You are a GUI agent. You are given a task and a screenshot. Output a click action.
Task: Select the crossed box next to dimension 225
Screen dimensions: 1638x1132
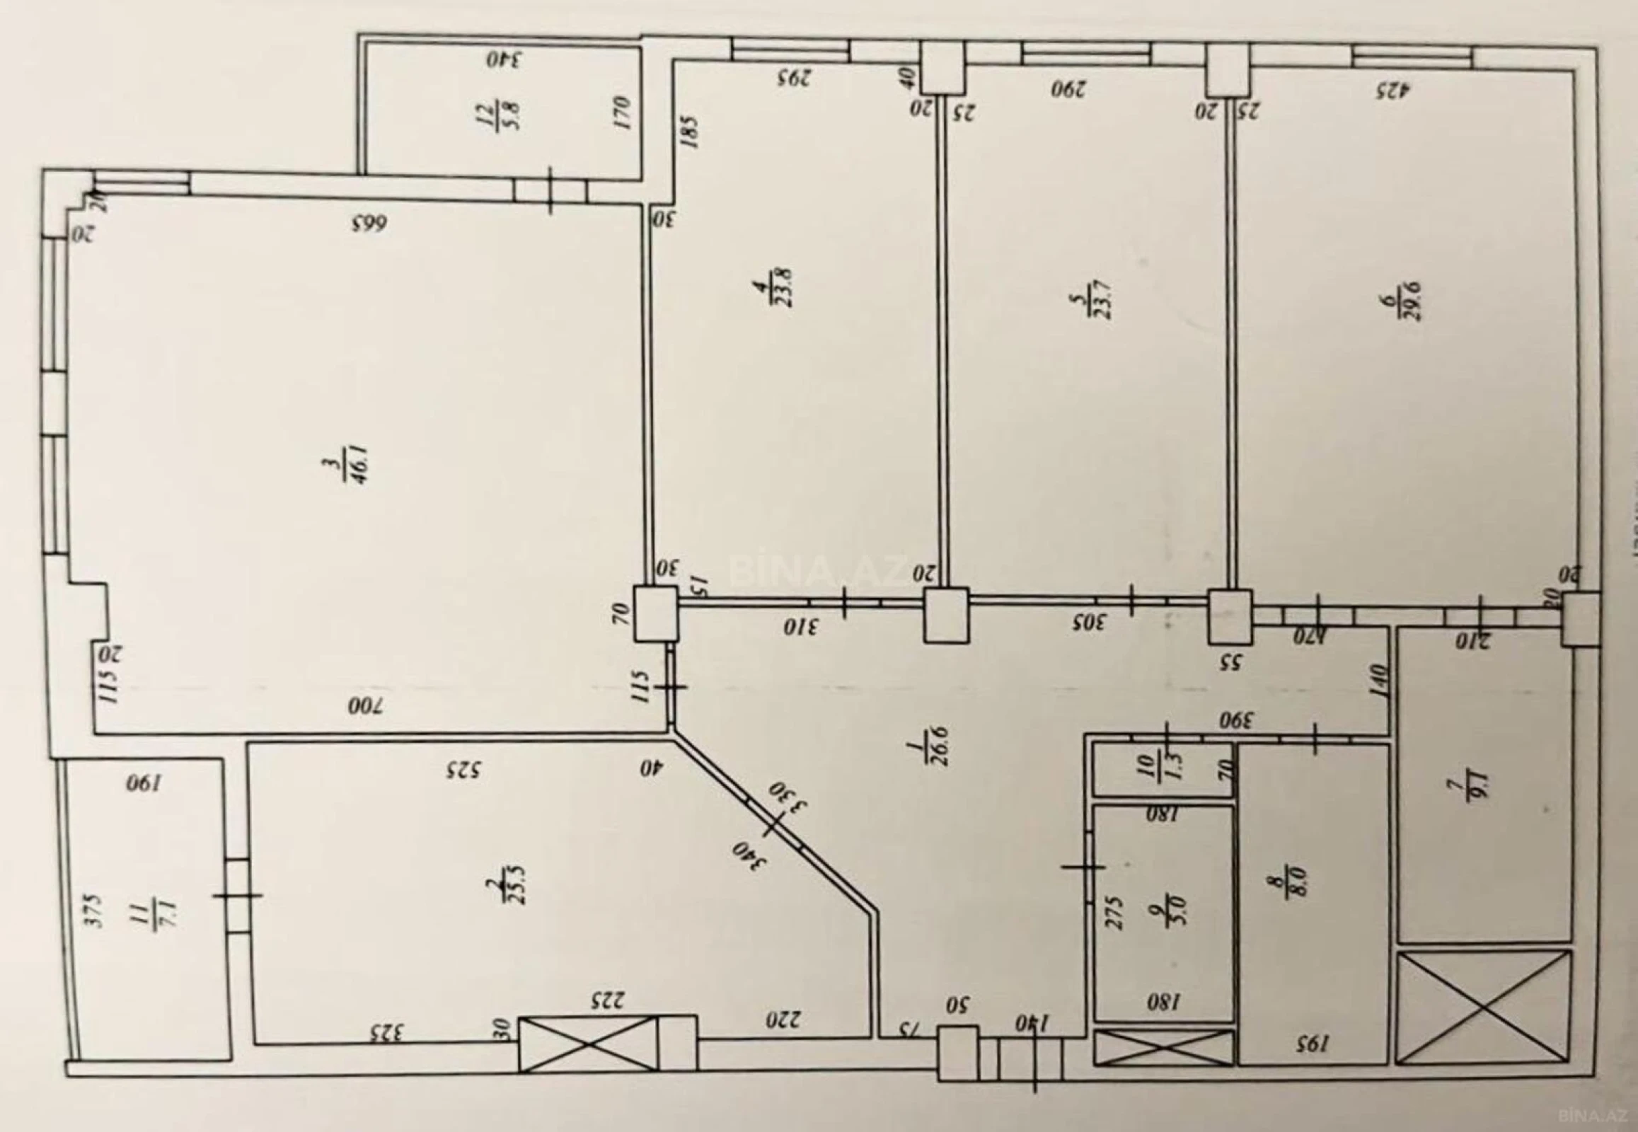[x=588, y=1044]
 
